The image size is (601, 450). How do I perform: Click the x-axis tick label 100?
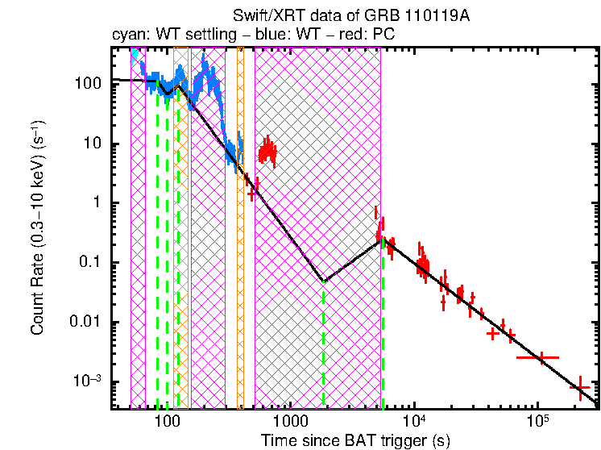click(167, 422)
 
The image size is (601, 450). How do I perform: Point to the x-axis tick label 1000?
click(290, 422)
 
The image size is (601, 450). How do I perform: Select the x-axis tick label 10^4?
click(414, 421)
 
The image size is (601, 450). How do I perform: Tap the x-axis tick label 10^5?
click(538, 421)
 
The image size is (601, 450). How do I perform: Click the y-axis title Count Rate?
click(38, 230)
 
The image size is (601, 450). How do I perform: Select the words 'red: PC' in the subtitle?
click(367, 35)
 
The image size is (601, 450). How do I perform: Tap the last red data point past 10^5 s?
click(580, 389)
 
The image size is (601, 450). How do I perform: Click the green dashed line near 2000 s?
click(324, 347)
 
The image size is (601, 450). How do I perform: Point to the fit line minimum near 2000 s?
click(324, 281)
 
